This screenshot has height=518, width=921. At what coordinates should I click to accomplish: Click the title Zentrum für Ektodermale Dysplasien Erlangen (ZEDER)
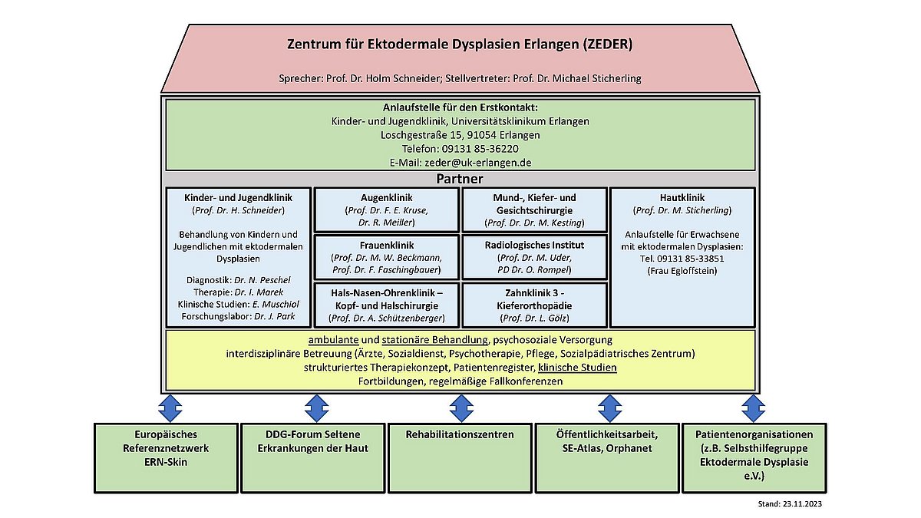click(x=460, y=45)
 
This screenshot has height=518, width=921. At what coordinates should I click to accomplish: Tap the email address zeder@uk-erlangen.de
click(x=477, y=163)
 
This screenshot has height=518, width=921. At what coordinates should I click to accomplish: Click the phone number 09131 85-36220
click(x=480, y=149)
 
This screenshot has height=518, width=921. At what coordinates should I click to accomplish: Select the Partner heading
click(x=459, y=179)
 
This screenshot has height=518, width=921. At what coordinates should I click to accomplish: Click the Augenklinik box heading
click(x=387, y=198)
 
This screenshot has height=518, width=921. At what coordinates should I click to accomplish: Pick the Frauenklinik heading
click(x=387, y=246)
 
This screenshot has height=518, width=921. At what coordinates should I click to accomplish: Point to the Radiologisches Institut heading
click(x=534, y=246)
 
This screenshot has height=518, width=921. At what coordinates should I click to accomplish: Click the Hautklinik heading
click(x=682, y=198)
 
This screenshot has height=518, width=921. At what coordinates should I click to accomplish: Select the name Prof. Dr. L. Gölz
click(x=534, y=318)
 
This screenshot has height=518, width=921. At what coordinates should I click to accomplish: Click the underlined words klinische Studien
click(x=577, y=368)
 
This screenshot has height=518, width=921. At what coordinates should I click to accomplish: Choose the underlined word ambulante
click(x=333, y=340)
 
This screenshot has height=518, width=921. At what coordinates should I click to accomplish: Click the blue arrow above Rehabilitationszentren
click(x=461, y=408)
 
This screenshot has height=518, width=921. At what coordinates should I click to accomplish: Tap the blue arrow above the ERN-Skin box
click(x=170, y=408)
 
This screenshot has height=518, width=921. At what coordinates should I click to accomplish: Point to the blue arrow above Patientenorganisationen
click(x=753, y=408)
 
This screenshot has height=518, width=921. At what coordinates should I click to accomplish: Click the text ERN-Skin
click(x=166, y=462)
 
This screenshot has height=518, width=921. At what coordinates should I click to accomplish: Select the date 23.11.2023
click(x=802, y=504)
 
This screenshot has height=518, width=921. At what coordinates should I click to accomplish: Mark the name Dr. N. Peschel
click(x=262, y=280)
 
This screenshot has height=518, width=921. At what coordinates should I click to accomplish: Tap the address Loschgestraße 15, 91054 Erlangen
click(x=460, y=135)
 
